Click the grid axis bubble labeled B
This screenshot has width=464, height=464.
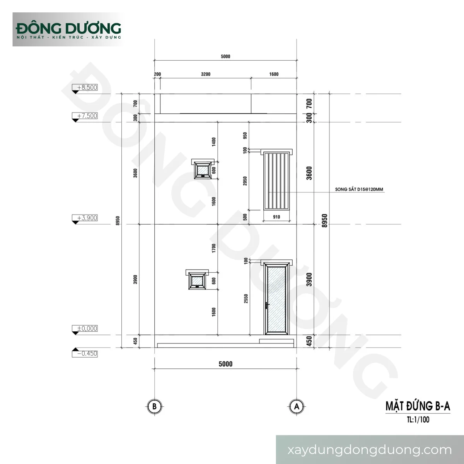154,406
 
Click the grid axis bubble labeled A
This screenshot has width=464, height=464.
297,406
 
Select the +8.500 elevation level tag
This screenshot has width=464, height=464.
85,88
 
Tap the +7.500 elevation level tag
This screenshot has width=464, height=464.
85,116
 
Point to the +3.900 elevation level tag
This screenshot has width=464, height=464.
85,218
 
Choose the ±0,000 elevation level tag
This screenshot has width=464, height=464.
85,329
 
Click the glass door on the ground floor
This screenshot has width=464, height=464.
276,299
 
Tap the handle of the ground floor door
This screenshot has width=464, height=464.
267,305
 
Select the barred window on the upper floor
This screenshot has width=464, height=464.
276,181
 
